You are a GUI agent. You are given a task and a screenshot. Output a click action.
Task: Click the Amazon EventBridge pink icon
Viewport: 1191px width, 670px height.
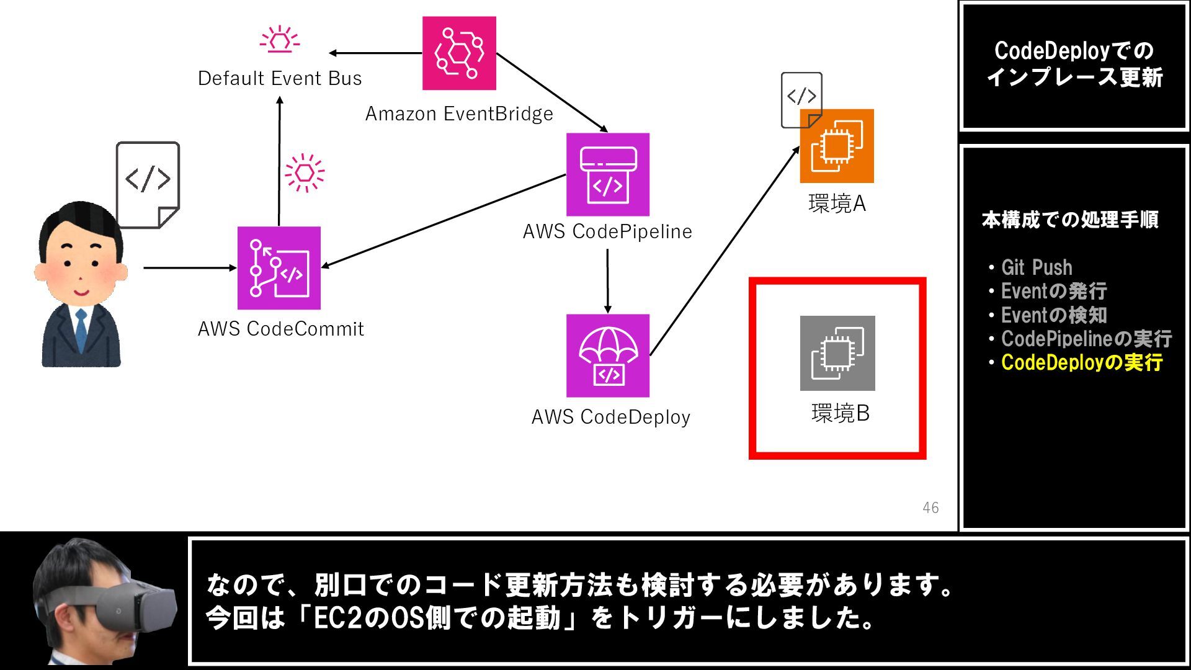[x=459, y=53]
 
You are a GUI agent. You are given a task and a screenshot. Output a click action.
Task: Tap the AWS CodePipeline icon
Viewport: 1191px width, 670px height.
[x=607, y=174]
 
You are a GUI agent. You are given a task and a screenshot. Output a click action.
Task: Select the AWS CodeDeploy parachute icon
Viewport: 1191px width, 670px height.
[x=607, y=355]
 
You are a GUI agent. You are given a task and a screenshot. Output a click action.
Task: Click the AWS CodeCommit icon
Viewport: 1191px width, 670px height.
[x=279, y=268]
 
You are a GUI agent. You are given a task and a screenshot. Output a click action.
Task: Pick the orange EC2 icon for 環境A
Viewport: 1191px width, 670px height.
[x=837, y=146]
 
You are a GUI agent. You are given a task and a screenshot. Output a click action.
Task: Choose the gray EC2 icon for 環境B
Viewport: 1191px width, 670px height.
[x=837, y=353]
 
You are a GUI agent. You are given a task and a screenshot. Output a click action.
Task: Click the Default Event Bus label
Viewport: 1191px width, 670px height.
[x=280, y=79]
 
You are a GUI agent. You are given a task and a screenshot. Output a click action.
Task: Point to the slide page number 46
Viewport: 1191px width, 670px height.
[x=930, y=508]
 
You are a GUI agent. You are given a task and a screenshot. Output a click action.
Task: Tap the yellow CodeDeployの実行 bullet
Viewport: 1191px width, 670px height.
[x=1081, y=363]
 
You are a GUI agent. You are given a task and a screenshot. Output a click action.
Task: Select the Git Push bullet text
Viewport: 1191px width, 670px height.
[x=1036, y=268]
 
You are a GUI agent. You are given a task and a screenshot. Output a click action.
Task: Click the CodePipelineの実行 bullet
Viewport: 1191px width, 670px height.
[x=1086, y=339]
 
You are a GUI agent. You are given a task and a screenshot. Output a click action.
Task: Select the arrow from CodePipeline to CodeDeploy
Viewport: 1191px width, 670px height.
[x=607, y=280]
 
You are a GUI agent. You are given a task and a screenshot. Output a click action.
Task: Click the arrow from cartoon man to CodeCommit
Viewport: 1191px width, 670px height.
[x=189, y=268]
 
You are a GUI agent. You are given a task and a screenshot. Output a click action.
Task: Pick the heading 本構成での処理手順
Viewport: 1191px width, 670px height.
[x=1070, y=220]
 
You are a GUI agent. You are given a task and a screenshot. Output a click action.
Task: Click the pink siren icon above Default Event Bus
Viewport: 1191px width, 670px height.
[x=280, y=38]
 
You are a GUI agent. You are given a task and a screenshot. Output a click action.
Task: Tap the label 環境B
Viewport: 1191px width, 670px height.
[x=841, y=414]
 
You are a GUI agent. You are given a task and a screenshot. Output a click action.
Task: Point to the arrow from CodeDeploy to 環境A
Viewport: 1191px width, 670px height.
[x=725, y=251]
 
